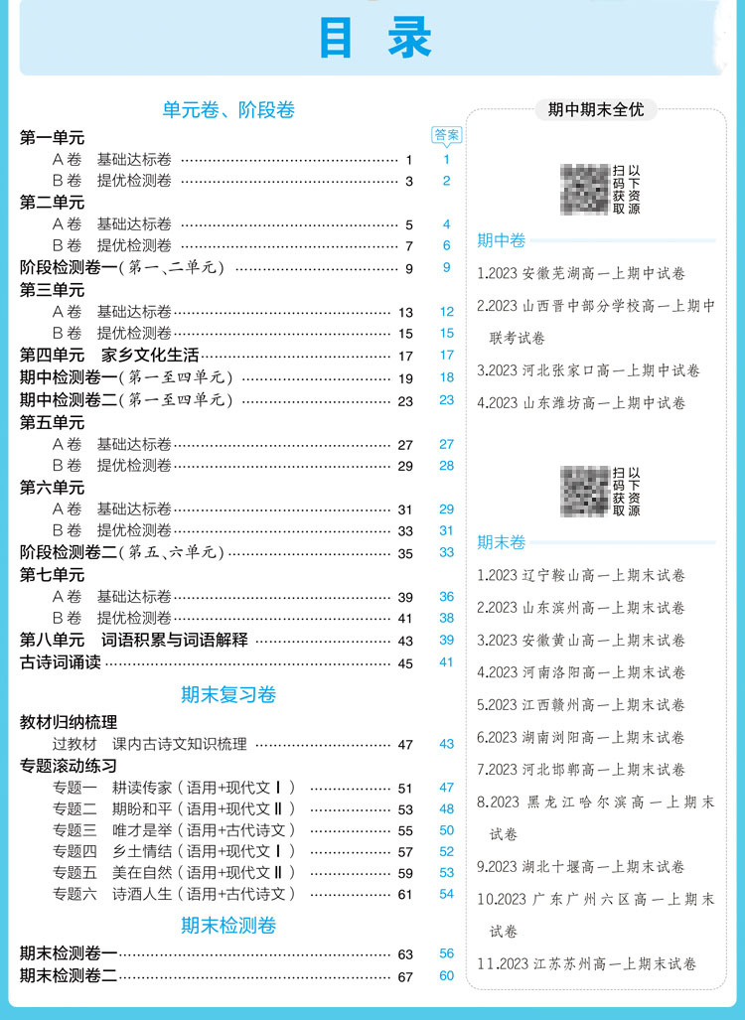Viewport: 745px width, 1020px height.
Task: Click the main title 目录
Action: (374, 40)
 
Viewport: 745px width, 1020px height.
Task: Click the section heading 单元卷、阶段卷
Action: (229, 110)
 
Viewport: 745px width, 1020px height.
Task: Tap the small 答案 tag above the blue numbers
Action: (447, 135)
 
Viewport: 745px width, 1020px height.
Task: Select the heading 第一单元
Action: (53, 138)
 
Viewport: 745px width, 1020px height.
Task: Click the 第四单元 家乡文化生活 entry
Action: (110, 355)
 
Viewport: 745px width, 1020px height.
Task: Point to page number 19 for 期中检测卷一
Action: (405, 378)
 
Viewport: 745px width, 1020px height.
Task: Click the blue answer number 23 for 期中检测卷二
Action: (446, 399)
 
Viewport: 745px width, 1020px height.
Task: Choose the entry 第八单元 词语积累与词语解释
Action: (134, 641)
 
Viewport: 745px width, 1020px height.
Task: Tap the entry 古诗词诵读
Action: (61, 662)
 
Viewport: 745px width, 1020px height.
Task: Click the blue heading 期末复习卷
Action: (228, 695)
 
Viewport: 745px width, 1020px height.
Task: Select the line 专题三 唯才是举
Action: (175, 830)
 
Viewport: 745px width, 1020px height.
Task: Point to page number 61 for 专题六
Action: (405, 895)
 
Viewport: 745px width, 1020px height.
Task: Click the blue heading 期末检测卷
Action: (228, 926)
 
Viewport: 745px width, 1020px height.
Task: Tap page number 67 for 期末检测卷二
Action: (405, 977)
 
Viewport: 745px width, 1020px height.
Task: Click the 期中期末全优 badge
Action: (596, 109)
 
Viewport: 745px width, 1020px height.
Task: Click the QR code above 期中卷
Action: (585, 189)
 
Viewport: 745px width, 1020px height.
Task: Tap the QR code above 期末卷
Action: (585, 491)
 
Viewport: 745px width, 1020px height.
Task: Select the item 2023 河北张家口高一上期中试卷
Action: (587, 370)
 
